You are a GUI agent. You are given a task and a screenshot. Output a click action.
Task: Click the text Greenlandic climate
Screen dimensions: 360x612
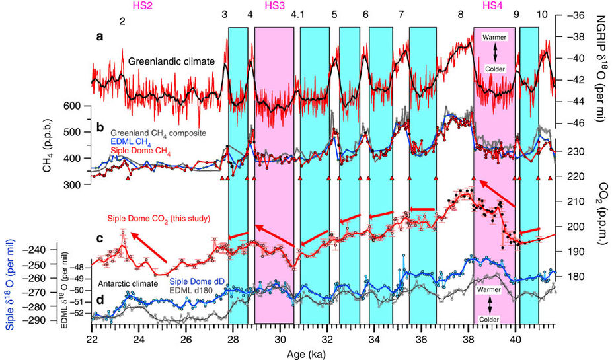point(171,62)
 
